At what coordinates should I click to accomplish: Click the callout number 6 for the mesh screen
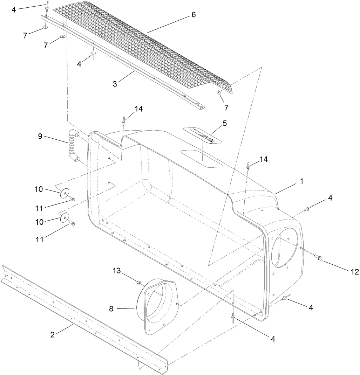[x=193, y=15]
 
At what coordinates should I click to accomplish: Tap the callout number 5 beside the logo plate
[x=225, y=123]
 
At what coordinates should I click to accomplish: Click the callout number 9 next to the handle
[x=40, y=136]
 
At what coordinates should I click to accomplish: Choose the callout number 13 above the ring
[x=117, y=270]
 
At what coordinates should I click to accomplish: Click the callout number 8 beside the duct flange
[x=112, y=308]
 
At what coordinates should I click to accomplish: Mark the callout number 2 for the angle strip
[x=52, y=334]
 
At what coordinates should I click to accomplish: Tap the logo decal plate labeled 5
[x=202, y=135]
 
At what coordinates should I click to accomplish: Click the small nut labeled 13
[x=139, y=282]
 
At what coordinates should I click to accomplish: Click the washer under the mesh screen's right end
[x=218, y=92]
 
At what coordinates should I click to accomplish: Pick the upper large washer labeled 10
[x=64, y=194]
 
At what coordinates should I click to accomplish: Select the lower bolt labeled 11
[x=73, y=223]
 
